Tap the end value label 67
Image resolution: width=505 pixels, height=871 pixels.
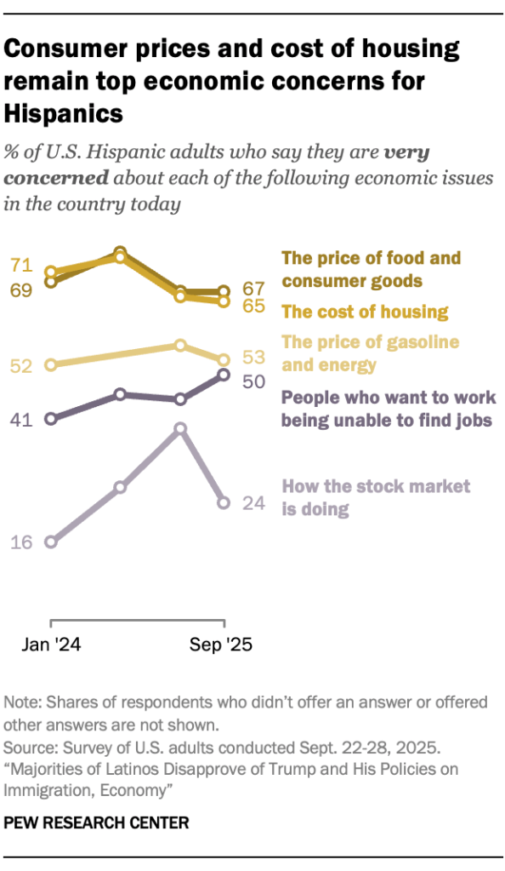coord(255,289)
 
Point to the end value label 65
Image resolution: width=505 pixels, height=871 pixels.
coord(255,306)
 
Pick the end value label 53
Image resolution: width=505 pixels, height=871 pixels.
coord(255,357)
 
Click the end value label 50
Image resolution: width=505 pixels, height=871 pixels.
coord(255,381)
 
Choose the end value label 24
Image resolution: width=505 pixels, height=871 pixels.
coord(255,503)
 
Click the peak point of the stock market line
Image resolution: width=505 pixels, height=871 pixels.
coord(180,429)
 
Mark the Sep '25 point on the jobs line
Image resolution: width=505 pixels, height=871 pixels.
coord(224,375)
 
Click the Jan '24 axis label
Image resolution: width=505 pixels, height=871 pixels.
coord(51,645)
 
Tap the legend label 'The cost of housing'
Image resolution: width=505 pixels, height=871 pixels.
coord(365,312)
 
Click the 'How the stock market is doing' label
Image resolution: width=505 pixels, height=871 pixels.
coord(375,498)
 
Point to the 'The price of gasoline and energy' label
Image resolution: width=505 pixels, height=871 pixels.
coord(370,353)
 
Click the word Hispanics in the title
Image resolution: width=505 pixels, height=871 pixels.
coord(64,112)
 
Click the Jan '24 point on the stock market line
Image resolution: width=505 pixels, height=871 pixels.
coord(51,542)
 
